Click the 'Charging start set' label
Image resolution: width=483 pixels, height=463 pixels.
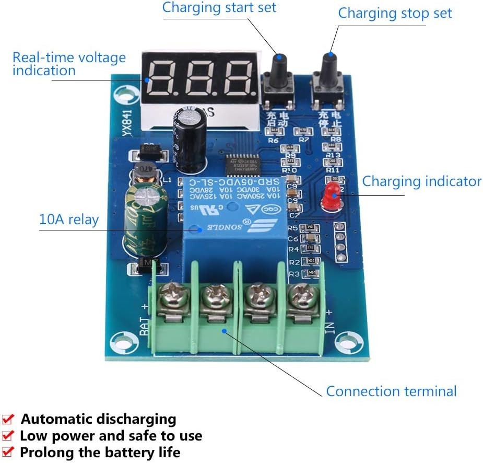[x=219, y=8]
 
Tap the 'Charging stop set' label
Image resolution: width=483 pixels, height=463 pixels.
[x=395, y=13]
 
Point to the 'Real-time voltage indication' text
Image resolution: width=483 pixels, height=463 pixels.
[x=69, y=64]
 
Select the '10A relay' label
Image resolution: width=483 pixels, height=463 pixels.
[x=68, y=219]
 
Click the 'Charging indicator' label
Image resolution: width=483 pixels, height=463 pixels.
[x=421, y=181]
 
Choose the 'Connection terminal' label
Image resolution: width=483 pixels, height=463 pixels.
[x=391, y=391]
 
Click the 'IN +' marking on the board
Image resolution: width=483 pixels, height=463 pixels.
[x=329, y=318]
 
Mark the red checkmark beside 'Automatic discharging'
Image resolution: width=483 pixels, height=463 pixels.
[x=8, y=419]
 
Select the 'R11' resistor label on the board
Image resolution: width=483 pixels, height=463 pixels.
[x=333, y=169]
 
